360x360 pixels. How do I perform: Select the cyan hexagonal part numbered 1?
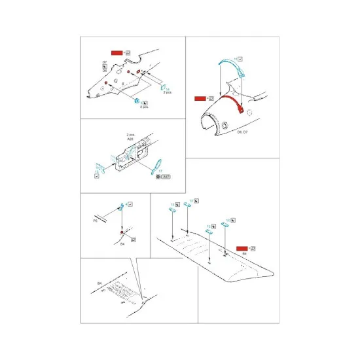point(136,101)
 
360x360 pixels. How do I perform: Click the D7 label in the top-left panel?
point(105,62)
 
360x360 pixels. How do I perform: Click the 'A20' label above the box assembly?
point(131,139)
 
